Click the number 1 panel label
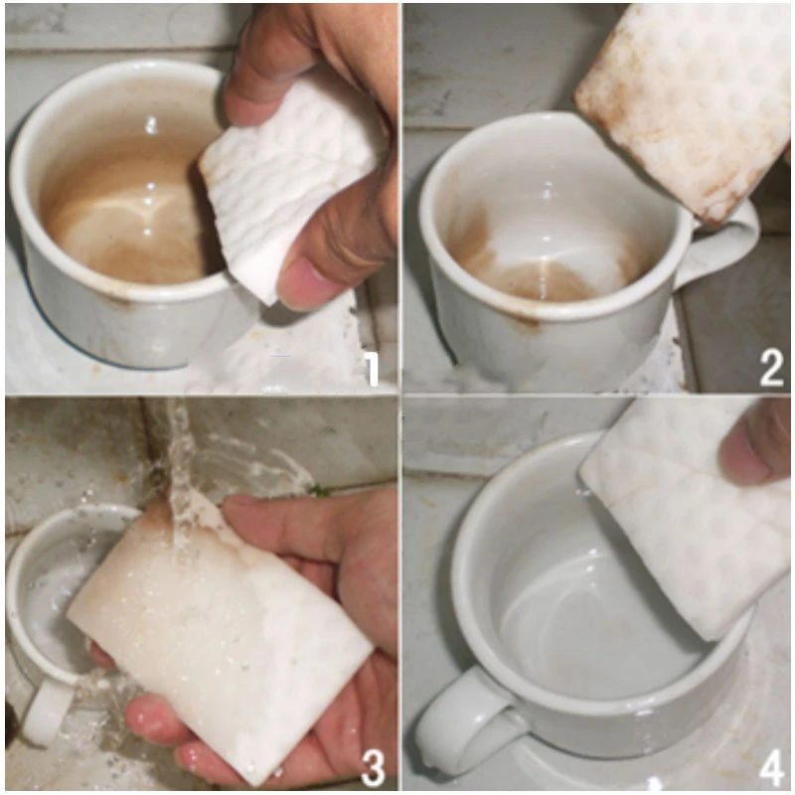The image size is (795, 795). (371, 369)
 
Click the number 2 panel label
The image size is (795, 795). (771, 369)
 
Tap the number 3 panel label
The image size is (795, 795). (372, 767)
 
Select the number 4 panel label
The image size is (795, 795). (771, 767)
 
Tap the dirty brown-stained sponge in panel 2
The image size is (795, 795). (686, 99)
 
